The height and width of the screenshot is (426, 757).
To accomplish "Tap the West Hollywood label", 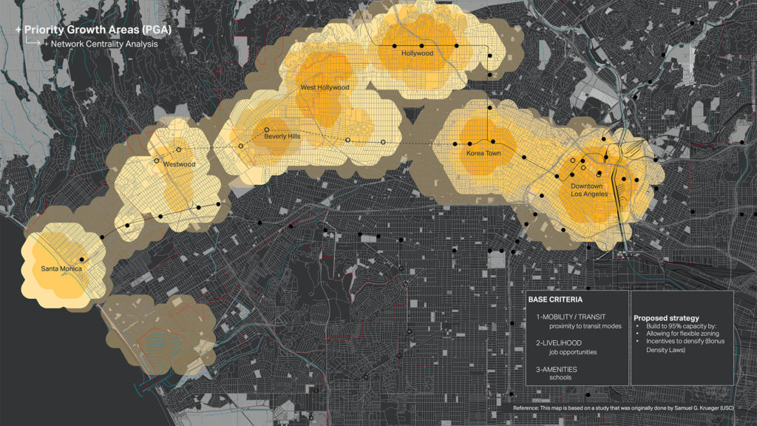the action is [324, 87].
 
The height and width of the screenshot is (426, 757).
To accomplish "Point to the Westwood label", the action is [180, 163].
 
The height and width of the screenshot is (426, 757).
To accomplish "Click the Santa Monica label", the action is [61, 268].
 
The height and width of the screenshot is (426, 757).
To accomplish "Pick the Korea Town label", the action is [484, 153].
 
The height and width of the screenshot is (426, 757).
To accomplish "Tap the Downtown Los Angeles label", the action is [589, 189].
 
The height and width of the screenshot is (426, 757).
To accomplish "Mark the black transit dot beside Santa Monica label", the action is [83, 260].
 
